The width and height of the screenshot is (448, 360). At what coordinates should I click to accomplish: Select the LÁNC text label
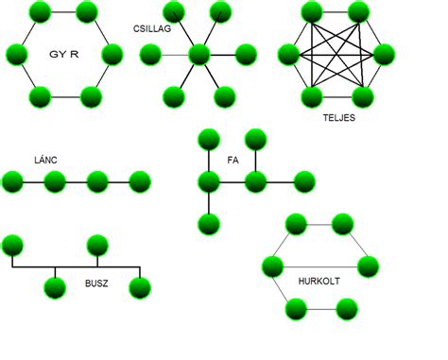point(43,161)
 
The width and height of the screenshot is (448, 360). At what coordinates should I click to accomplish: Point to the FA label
point(233,161)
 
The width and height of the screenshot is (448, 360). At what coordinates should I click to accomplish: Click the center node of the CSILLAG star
point(198,54)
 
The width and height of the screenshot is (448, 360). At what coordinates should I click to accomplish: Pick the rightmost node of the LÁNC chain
point(140,180)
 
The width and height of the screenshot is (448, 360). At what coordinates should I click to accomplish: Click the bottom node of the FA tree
point(209,224)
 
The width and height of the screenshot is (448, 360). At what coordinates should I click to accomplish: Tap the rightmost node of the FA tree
point(303,180)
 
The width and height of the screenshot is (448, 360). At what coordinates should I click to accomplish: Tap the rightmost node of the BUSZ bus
point(140,287)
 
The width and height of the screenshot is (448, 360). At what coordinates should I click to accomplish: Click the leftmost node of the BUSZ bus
point(12,246)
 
